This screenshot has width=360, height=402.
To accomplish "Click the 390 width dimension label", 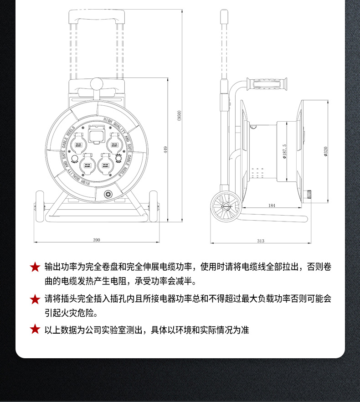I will coord(97,240).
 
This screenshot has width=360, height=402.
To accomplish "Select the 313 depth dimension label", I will coord(261,241).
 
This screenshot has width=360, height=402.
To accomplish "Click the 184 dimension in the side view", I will coord(272,206).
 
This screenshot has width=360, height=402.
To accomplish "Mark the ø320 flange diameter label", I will coord(326,151).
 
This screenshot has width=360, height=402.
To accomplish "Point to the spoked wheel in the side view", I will coord(226,206).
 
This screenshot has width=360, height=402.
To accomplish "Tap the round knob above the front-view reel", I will coord(96,84).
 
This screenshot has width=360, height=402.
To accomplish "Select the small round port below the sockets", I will coord(108,193).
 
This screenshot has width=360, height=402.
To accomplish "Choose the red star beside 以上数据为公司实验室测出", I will coord(35,330).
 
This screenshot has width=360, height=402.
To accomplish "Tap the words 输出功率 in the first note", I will coord(60,267).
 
